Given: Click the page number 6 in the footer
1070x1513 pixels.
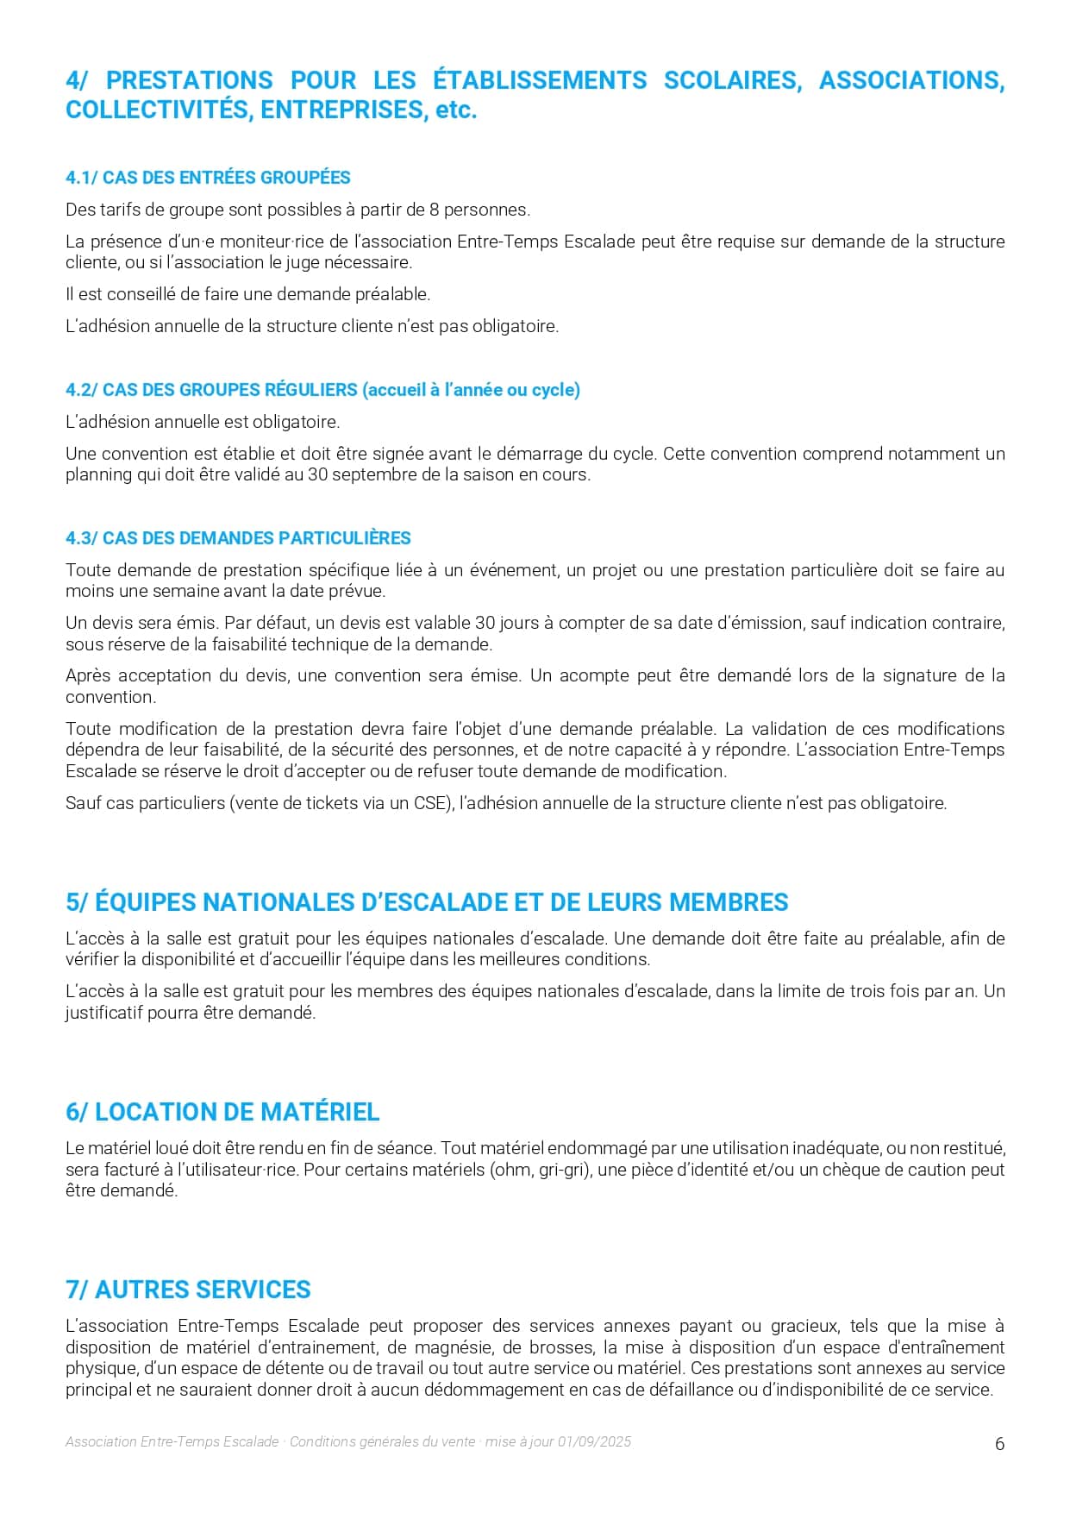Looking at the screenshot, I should pos(999,1444).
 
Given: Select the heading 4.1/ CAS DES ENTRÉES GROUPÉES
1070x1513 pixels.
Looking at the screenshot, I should pos(208,178).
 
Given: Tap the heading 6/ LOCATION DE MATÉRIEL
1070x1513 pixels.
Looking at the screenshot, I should pos(222,1112).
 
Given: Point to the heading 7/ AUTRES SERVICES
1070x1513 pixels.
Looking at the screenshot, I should pos(188,1290).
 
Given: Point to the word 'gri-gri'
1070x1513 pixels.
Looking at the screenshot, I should pos(563,1170).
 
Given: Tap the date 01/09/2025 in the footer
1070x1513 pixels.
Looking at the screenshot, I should pos(594,1441).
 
